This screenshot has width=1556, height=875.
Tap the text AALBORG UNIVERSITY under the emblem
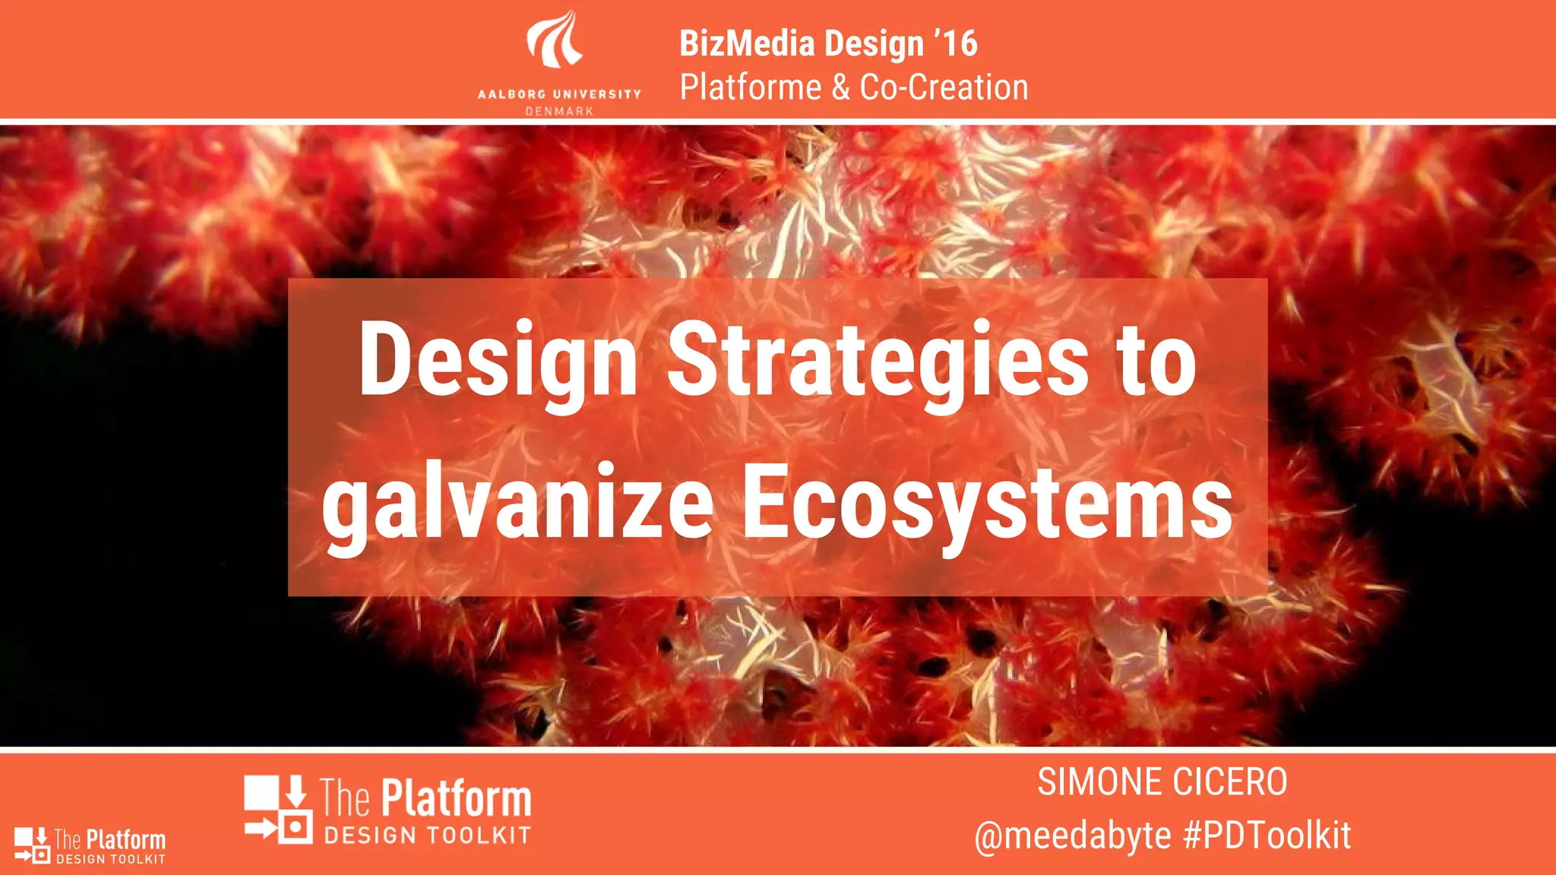559,94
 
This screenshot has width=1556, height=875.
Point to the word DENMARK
559,111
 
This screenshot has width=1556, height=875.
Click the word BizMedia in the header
747,43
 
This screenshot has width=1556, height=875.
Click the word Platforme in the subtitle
750,87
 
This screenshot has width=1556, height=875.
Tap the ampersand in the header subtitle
840,87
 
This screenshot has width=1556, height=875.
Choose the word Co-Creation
944,87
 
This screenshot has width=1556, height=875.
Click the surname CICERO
1229,782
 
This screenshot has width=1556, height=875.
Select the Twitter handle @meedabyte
1073,836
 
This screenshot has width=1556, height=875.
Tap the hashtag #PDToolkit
1267,836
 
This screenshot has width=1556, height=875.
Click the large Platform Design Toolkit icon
278,809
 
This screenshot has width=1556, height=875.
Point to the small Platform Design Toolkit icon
32,845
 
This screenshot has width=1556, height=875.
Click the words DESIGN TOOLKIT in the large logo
427,836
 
